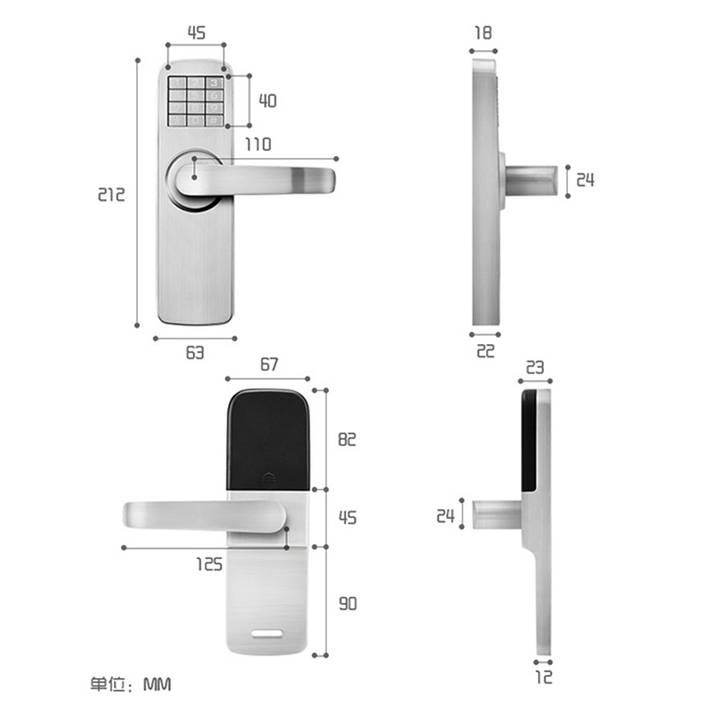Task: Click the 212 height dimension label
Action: point(111,194)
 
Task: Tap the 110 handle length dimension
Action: point(258,144)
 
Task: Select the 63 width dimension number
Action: point(195,353)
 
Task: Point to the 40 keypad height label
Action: point(268,100)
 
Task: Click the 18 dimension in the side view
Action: point(484,32)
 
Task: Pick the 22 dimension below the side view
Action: point(486,351)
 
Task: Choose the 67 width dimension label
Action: point(269,364)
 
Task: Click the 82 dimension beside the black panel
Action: point(347,440)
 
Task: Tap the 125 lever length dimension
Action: point(210,564)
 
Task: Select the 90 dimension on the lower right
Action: point(347,604)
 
